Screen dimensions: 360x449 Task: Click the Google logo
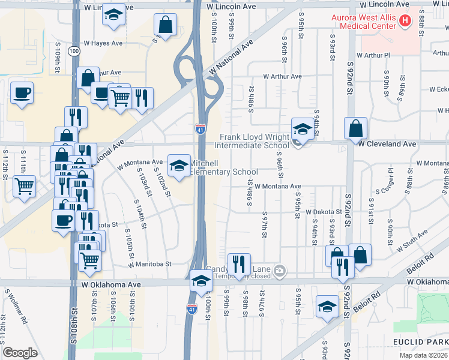pos(20,353)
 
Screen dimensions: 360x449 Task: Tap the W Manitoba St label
pos(150,263)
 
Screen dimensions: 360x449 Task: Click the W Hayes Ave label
pos(103,43)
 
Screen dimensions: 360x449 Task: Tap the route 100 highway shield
pos(73,52)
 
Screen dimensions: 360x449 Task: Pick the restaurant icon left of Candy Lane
pos(239,264)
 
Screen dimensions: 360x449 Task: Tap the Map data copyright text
pos(423,355)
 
